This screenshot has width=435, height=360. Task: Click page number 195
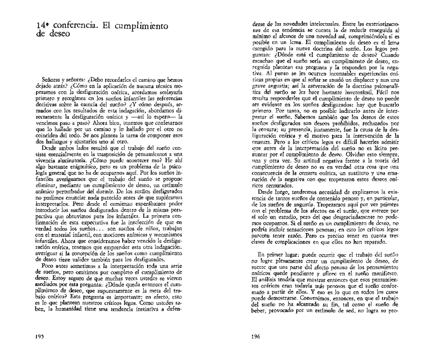40,336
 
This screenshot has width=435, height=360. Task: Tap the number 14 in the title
41,26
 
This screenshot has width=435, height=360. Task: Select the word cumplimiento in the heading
142,27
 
